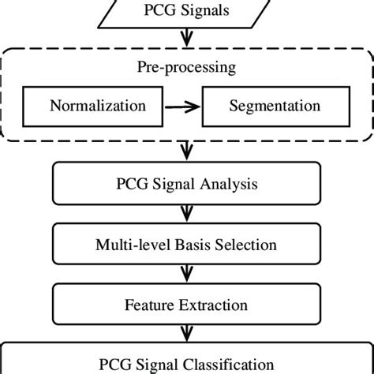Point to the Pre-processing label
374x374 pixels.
coord(186,67)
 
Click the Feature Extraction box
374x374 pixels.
coord(186,304)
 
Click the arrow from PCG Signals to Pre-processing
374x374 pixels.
coord(186,39)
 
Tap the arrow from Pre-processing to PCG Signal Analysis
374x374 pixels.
coord(186,150)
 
